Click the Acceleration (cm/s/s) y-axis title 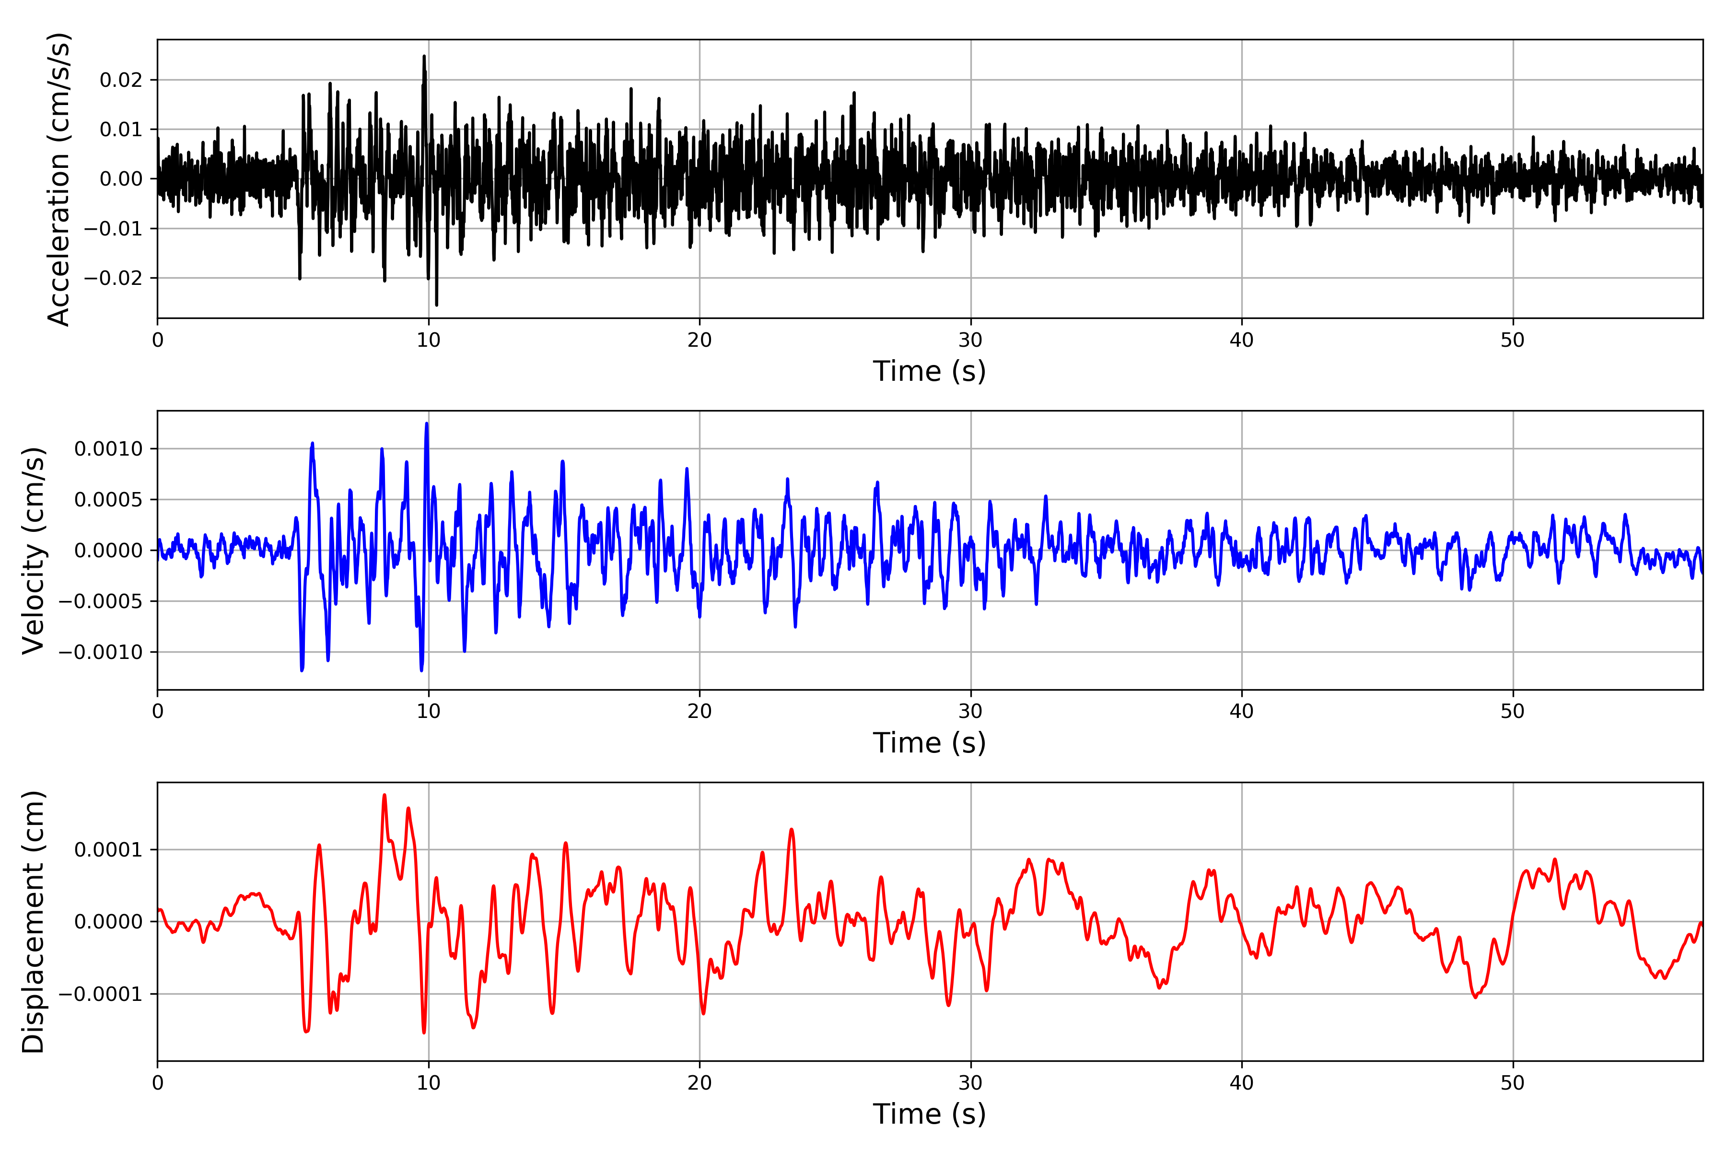click(58, 179)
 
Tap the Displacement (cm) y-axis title click(34, 921)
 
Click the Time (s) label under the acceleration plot click(929, 371)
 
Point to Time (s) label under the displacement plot click(929, 1114)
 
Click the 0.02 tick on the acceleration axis click(121, 80)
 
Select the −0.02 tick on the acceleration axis click(113, 278)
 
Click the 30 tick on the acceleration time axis click(970, 341)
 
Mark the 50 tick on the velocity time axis click(1513, 711)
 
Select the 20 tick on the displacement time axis click(700, 1083)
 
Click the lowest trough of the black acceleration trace click(437, 304)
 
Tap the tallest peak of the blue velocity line click(426, 423)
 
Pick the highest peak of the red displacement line click(385, 795)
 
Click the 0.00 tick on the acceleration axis click(121, 179)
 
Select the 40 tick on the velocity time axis click(1242, 711)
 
